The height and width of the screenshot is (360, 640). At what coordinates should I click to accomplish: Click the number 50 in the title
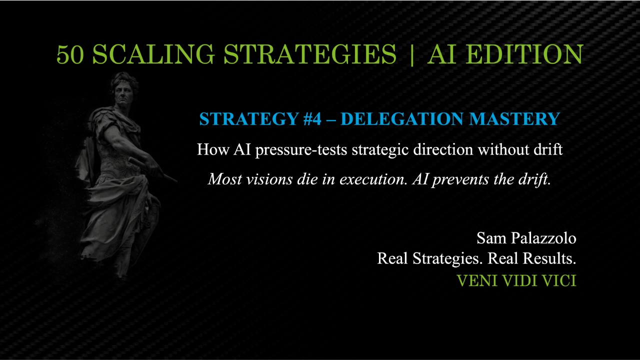click(70, 54)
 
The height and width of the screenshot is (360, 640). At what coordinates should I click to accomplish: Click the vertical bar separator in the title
click(411, 54)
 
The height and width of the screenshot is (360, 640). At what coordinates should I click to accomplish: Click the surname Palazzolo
click(543, 238)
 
